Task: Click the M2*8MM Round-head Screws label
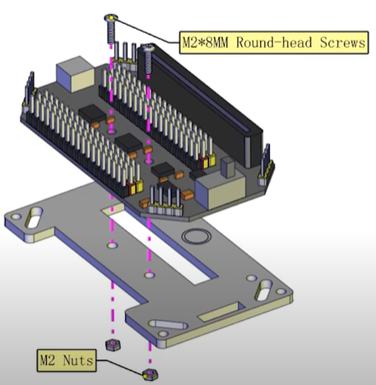coord(274,43)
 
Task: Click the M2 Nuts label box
coord(67,360)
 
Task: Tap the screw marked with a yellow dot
coord(110,29)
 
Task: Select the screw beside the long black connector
coord(148,59)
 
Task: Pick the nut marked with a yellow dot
coord(151,374)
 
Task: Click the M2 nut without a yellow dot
coord(113,345)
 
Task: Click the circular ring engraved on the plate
coord(197,236)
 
